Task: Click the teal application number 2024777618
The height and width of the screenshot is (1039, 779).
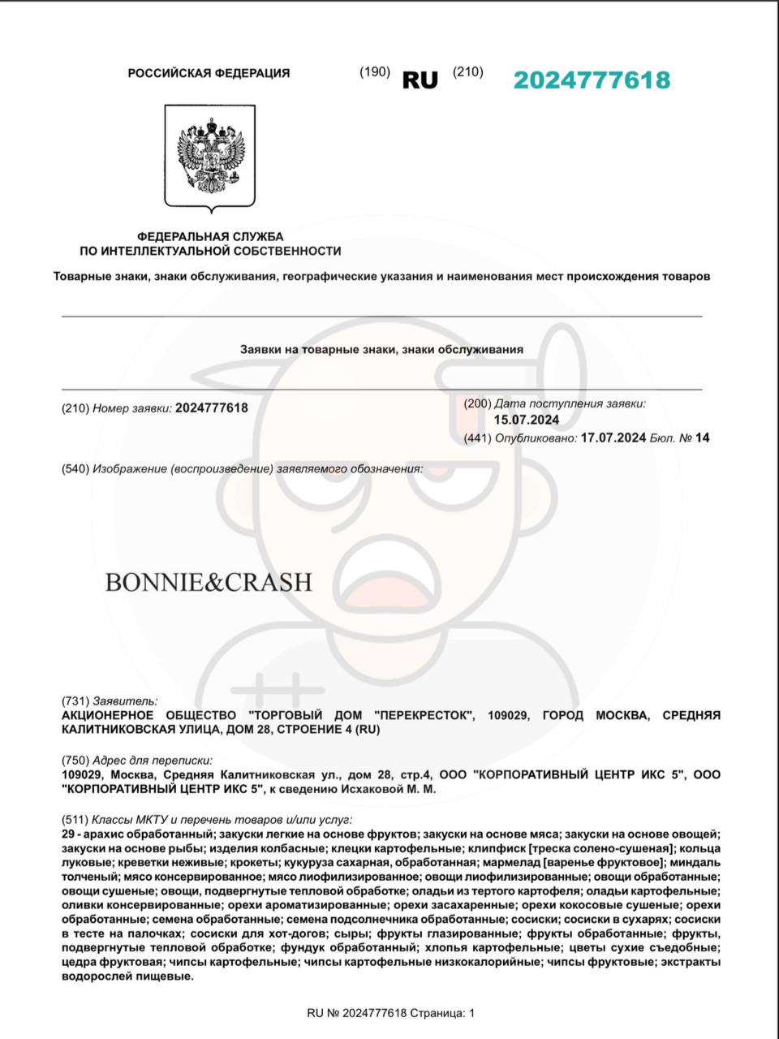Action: point(592,80)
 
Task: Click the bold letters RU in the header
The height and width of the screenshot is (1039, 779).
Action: point(420,80)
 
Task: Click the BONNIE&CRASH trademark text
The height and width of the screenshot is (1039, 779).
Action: point(209,582)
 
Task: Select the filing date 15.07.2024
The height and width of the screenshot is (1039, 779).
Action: point(527,420)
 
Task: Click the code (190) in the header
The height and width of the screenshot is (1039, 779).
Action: point(375,71)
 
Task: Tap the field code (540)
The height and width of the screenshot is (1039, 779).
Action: point(75,468)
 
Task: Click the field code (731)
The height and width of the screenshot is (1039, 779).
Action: point(75,701)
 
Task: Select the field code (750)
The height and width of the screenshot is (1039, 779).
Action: point(75,761)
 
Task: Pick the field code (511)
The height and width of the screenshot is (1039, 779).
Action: point(75,820)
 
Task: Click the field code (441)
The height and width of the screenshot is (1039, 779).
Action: point(477,438)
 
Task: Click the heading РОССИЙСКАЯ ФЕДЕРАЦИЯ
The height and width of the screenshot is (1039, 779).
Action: point(209,73)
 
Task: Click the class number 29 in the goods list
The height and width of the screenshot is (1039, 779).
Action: point(68,834)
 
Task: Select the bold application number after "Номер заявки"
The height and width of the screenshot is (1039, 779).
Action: point(211,407)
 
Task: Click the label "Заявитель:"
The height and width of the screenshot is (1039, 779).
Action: point(125,701)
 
